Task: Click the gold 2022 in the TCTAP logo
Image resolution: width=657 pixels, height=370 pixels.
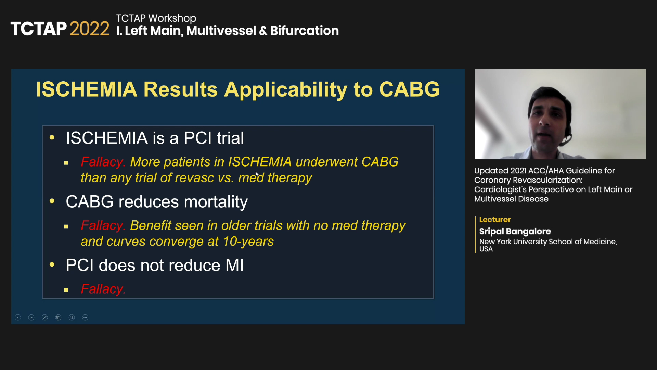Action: coord(90,28)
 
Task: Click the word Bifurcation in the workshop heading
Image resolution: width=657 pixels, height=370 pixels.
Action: coord(305,30)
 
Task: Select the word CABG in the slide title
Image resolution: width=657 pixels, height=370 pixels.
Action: coord(409,89)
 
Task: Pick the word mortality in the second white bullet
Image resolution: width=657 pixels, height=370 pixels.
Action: coord(216,202)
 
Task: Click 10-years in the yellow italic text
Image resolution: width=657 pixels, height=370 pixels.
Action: coord(248,241)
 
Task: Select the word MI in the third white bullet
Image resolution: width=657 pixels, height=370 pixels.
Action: coord(234,265)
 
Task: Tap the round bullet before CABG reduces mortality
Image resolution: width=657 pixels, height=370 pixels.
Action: coord(52,201)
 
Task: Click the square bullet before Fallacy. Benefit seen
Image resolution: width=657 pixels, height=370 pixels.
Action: coord(66,226)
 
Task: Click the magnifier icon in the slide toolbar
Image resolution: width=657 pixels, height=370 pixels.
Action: coord(72,318)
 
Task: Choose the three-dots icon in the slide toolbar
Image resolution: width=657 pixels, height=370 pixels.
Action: coord(85,318)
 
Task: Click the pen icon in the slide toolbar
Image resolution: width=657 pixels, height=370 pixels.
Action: coord(45,318)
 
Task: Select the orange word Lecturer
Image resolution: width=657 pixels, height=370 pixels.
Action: coord(495,220)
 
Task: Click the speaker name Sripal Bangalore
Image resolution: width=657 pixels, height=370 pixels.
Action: coord(515,231)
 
